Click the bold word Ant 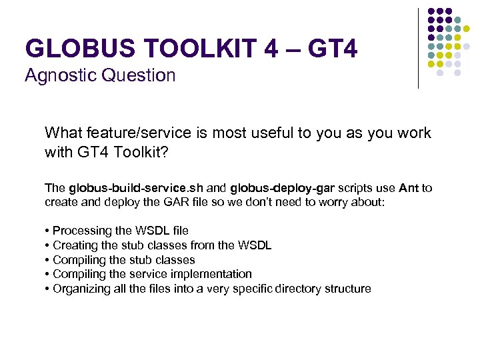[408, 188]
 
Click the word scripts [357, 188]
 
